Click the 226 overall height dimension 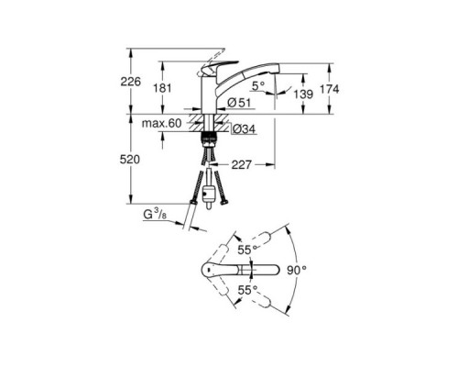(x=130, y=83)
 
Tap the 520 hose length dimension (x=130, y=159)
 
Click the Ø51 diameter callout (x=240, y=101)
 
